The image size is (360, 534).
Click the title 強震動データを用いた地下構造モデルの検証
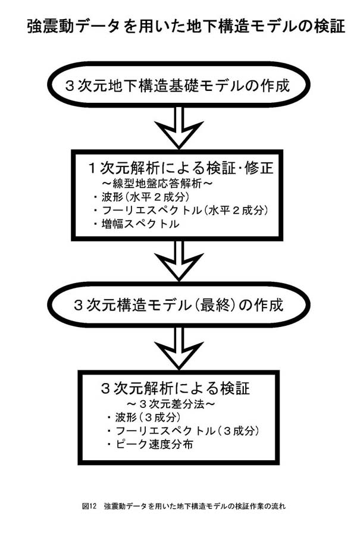[x=186, y=27]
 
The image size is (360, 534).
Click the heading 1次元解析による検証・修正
[x=181, y=168]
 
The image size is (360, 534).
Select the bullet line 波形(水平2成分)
[x=141, y=197]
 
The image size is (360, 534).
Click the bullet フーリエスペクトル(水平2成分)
[x=180, y=210]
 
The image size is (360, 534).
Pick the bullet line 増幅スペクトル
[x=136, y=224]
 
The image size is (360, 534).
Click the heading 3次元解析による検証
[x=176, y=388]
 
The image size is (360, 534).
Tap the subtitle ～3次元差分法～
[x=171, y=404]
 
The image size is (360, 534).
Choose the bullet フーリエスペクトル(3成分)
[x=183, y=431]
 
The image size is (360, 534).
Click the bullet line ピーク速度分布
[x=149, y=444]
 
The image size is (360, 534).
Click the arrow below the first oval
[x=179, y=128]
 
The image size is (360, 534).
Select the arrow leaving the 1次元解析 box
[x=179, y=261]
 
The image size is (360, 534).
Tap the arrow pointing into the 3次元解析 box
[x=179, y=348]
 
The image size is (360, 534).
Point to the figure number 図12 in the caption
[x=90, y=506]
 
